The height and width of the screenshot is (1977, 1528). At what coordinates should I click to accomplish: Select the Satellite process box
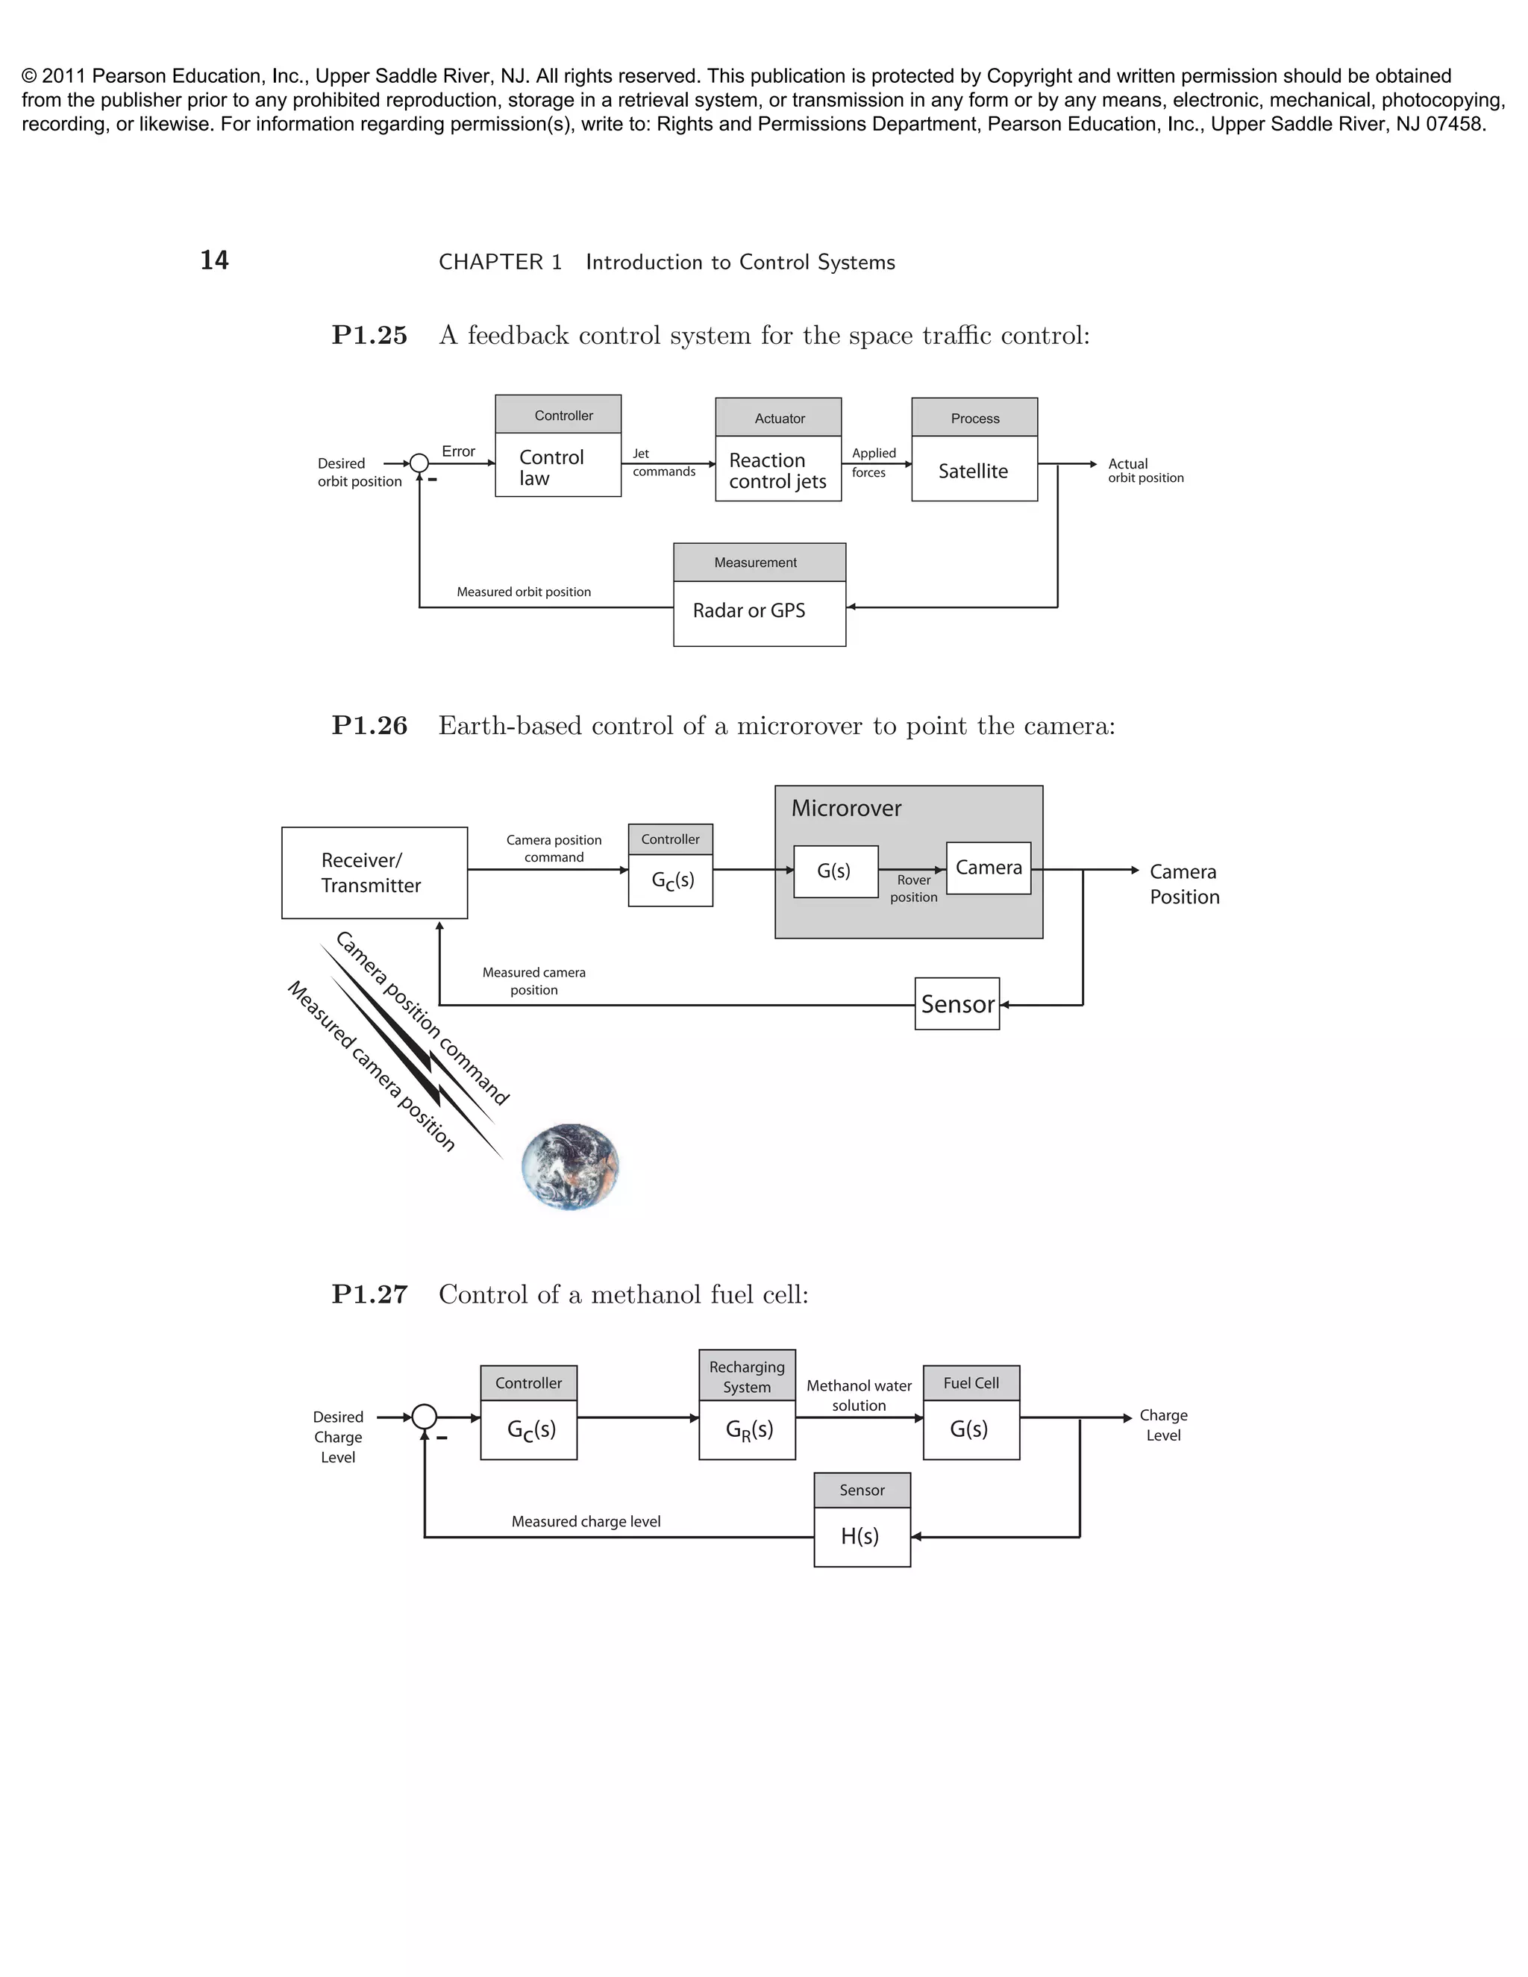coord(974,469)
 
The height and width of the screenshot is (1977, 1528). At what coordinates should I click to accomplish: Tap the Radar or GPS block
coord(759,612)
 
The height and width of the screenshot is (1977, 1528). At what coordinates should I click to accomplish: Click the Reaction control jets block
coord(777,469)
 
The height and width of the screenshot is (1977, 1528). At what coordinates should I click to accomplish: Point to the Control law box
coord(557,467)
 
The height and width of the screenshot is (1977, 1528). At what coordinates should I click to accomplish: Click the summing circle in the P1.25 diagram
coord(419,463)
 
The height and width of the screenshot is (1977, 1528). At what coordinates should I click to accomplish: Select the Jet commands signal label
coord(663,463)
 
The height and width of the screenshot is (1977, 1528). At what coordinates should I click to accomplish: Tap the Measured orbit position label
coord(523,592)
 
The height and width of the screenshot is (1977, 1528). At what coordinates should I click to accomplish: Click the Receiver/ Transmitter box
coord(374,873)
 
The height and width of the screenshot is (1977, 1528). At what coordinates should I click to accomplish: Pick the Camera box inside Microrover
coord(989,868)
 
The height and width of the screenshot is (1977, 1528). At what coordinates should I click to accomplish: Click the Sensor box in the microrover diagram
coord(956,1004)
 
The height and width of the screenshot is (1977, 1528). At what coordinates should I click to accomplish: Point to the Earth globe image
coord(570,1167)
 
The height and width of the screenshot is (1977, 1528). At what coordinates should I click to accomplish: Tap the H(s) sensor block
coord(861,1536)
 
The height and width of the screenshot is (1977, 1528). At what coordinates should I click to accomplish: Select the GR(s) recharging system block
coord(747,1429)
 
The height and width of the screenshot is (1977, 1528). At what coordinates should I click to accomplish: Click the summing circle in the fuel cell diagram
coord(424,1417)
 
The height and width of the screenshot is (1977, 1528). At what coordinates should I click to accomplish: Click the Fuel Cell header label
coord(971,1383)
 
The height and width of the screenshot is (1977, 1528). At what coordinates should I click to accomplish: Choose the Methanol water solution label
coord(859,1395)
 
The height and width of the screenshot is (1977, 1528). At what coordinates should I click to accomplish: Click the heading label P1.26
coord(369,726)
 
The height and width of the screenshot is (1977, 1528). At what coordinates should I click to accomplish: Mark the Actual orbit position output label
coord(1145,471)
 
